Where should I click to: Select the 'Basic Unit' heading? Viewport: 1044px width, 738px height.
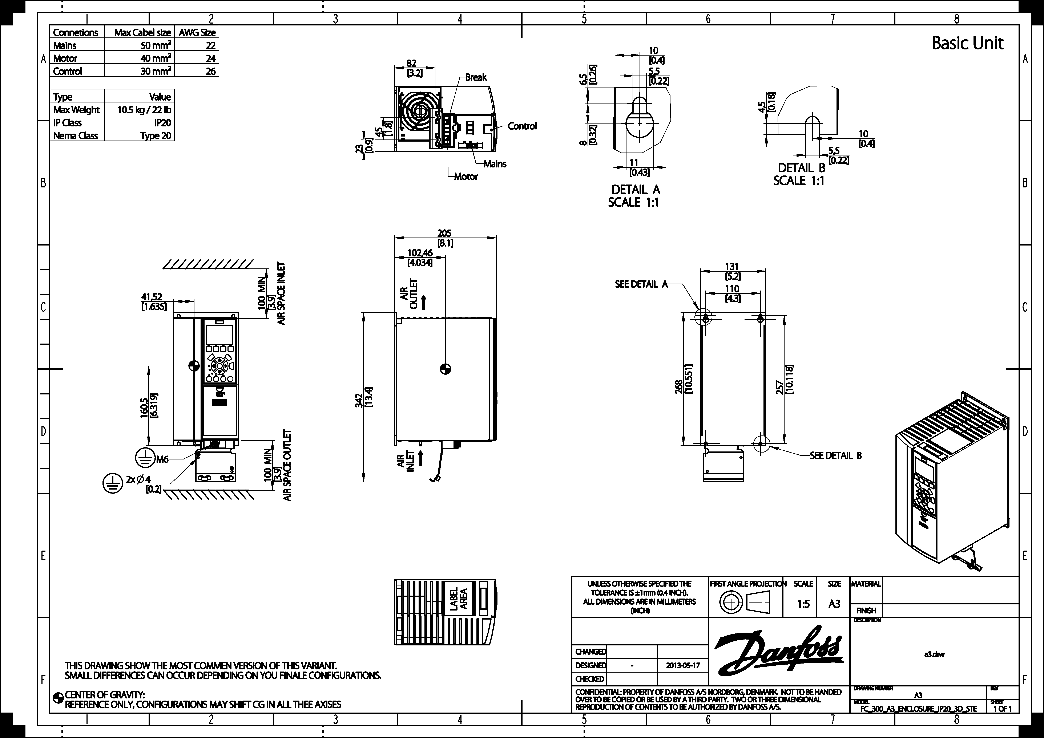click(x=967, y=43)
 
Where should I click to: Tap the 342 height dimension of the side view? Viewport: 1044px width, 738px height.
click(x=359, y=400)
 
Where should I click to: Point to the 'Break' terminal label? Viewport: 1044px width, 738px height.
click(x=476, y=77)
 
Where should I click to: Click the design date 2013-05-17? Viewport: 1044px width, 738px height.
click(x=683, y=665)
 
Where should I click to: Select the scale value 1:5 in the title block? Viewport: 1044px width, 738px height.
click(x=803, y=604)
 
